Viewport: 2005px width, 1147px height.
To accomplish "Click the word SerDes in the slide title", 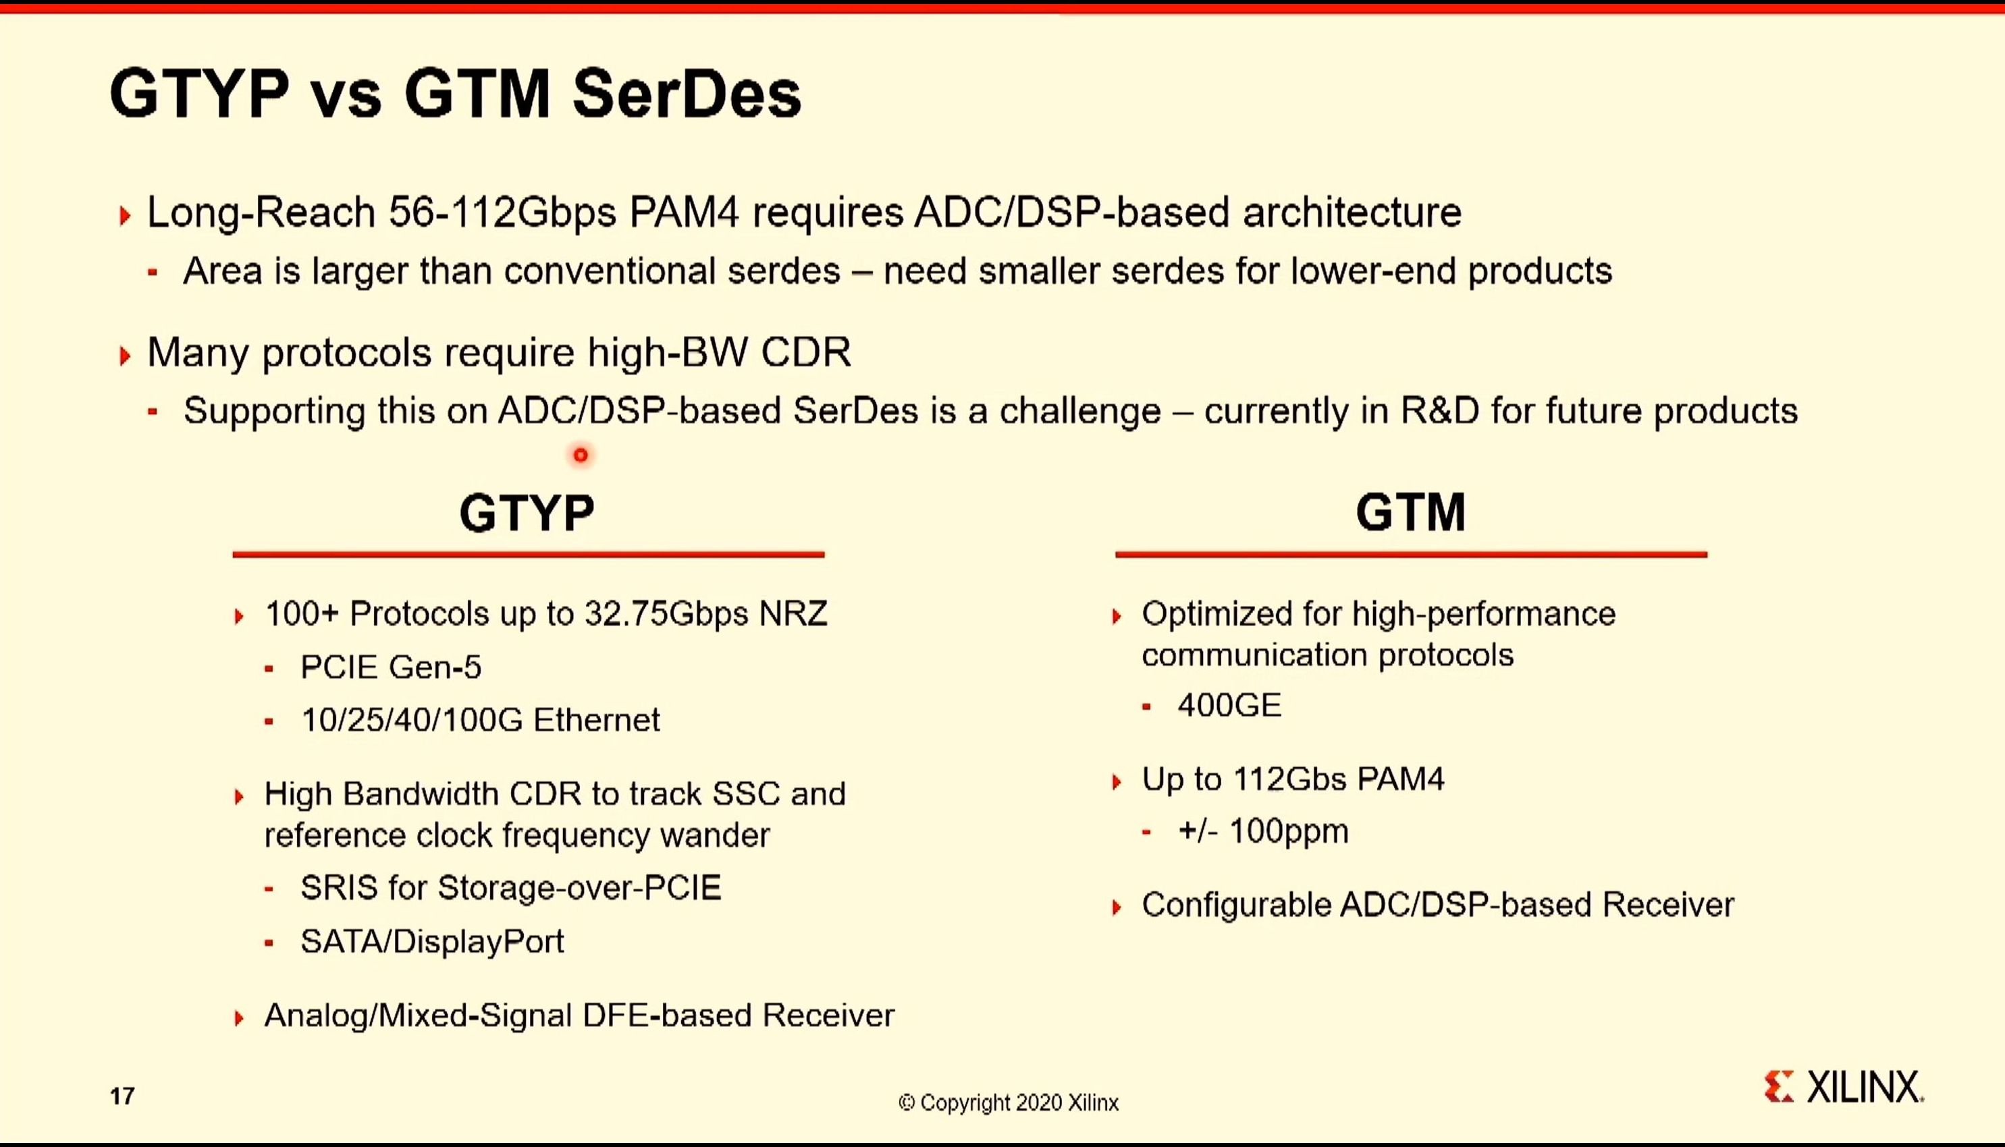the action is click(x=687, y=94).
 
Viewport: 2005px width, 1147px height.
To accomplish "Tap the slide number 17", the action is click(x=122, y=1096).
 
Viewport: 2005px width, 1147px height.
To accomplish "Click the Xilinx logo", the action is click(x=1844, y=1087).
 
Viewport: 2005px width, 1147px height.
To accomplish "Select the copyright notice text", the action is click(x=1008, y=1102).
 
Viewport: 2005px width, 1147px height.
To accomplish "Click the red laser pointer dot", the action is click(x=581, y=455).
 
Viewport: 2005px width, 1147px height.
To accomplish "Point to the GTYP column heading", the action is click(x=527, y=513).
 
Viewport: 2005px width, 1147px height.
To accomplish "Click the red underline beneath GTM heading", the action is click(x=1411, y=555).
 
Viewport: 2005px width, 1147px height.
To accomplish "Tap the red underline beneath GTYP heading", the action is click(x=528, y=555).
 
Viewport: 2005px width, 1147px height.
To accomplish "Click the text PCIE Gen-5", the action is click(x=391, y=667).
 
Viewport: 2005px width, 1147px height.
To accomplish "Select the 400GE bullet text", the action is click(x=1229, y=705).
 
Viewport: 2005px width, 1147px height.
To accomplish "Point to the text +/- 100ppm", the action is click(x=1263, y=831).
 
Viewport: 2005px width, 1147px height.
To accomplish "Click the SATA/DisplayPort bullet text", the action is click(x=433, y=941).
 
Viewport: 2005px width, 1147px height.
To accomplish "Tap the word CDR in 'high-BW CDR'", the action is click(x=805, y=352).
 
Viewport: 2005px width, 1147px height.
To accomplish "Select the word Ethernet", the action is click(x=597, y=720).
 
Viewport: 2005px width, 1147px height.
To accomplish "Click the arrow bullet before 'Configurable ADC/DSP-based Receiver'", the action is click(x=1116, y=907).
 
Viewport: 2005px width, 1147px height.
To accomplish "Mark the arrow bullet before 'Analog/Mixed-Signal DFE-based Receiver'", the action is click(x=239, y=1018).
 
